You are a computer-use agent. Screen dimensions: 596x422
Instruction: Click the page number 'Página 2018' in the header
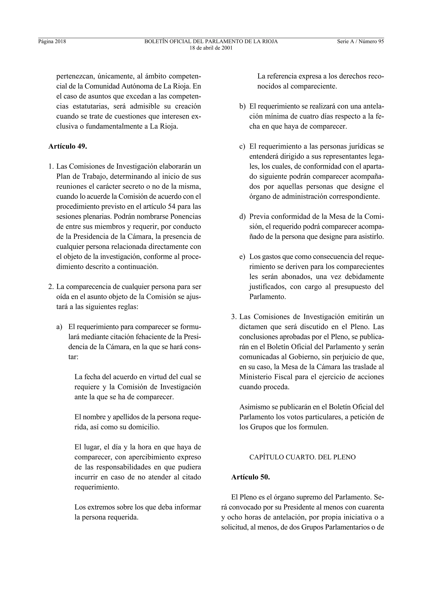[52, 42]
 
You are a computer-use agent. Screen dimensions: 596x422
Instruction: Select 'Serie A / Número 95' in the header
[360, 42]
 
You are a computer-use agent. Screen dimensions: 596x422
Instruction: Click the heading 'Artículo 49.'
[68, 146]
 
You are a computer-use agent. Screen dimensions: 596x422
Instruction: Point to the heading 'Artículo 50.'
[250, 477]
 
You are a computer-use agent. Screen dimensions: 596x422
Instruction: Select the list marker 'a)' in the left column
[59, 327]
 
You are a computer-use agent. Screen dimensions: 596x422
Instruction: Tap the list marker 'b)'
[242, 107]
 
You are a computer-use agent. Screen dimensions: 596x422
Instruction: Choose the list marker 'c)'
[242, 147]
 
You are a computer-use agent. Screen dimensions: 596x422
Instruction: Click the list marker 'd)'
[242, 217]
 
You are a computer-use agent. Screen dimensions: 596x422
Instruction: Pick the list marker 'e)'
[242, 257]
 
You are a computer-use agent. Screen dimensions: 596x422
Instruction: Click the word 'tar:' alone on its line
[73, 357]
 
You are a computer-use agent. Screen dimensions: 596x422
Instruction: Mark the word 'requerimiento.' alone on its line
[97, 487]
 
